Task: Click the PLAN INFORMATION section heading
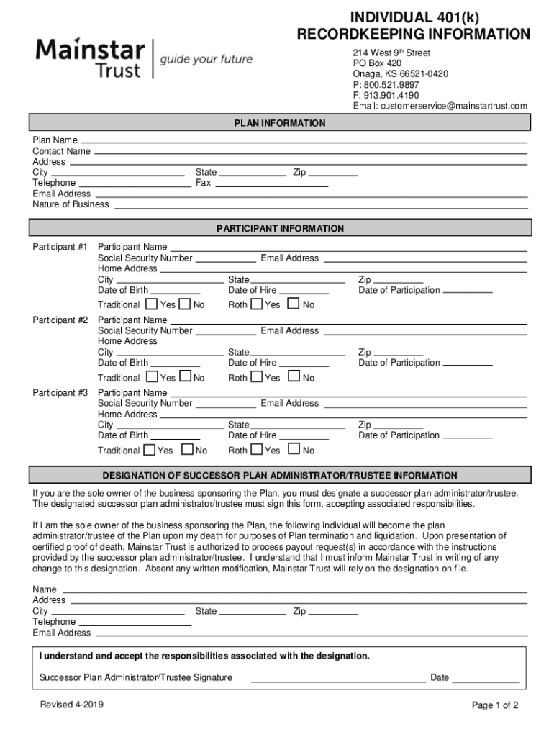point(280,123)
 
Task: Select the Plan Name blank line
point(304,142)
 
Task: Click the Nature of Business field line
point(320,207)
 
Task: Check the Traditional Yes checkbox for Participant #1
point(151,304)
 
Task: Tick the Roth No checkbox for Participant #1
point(294,304)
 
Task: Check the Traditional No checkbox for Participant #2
point(186,376)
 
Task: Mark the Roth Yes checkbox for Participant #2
point(257,376)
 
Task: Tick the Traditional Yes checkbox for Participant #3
point(149,450)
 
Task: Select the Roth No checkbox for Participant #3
point(294,450)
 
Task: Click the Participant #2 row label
point(60,320)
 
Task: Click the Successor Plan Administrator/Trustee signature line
point(337,680)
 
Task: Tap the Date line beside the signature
point(486,680)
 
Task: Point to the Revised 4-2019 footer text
point(72,705)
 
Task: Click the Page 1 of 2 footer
point(495,706)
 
